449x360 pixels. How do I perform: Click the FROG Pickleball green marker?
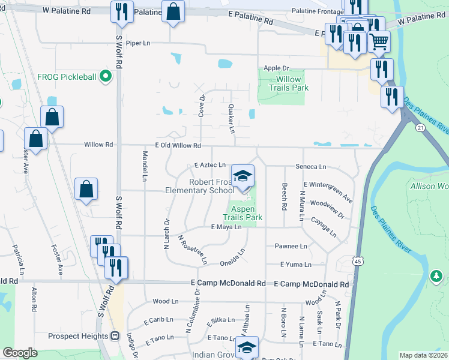tap(106, 76)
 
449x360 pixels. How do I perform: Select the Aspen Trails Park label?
tap(243, 213)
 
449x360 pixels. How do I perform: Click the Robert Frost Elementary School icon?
tap(243, 176)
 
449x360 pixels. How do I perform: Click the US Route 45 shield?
tap(358, 261)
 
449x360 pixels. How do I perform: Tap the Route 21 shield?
tap(420, 128)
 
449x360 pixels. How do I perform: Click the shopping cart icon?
tap(378, 41)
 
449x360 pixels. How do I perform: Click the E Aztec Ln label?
tap(210, 165)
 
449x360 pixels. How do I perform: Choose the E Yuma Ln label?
tap(296, 264)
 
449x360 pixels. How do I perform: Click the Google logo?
tap(20, 353)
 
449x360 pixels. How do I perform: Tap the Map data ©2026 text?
tap(423, 355)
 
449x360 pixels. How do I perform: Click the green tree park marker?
tap(436, 277)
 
